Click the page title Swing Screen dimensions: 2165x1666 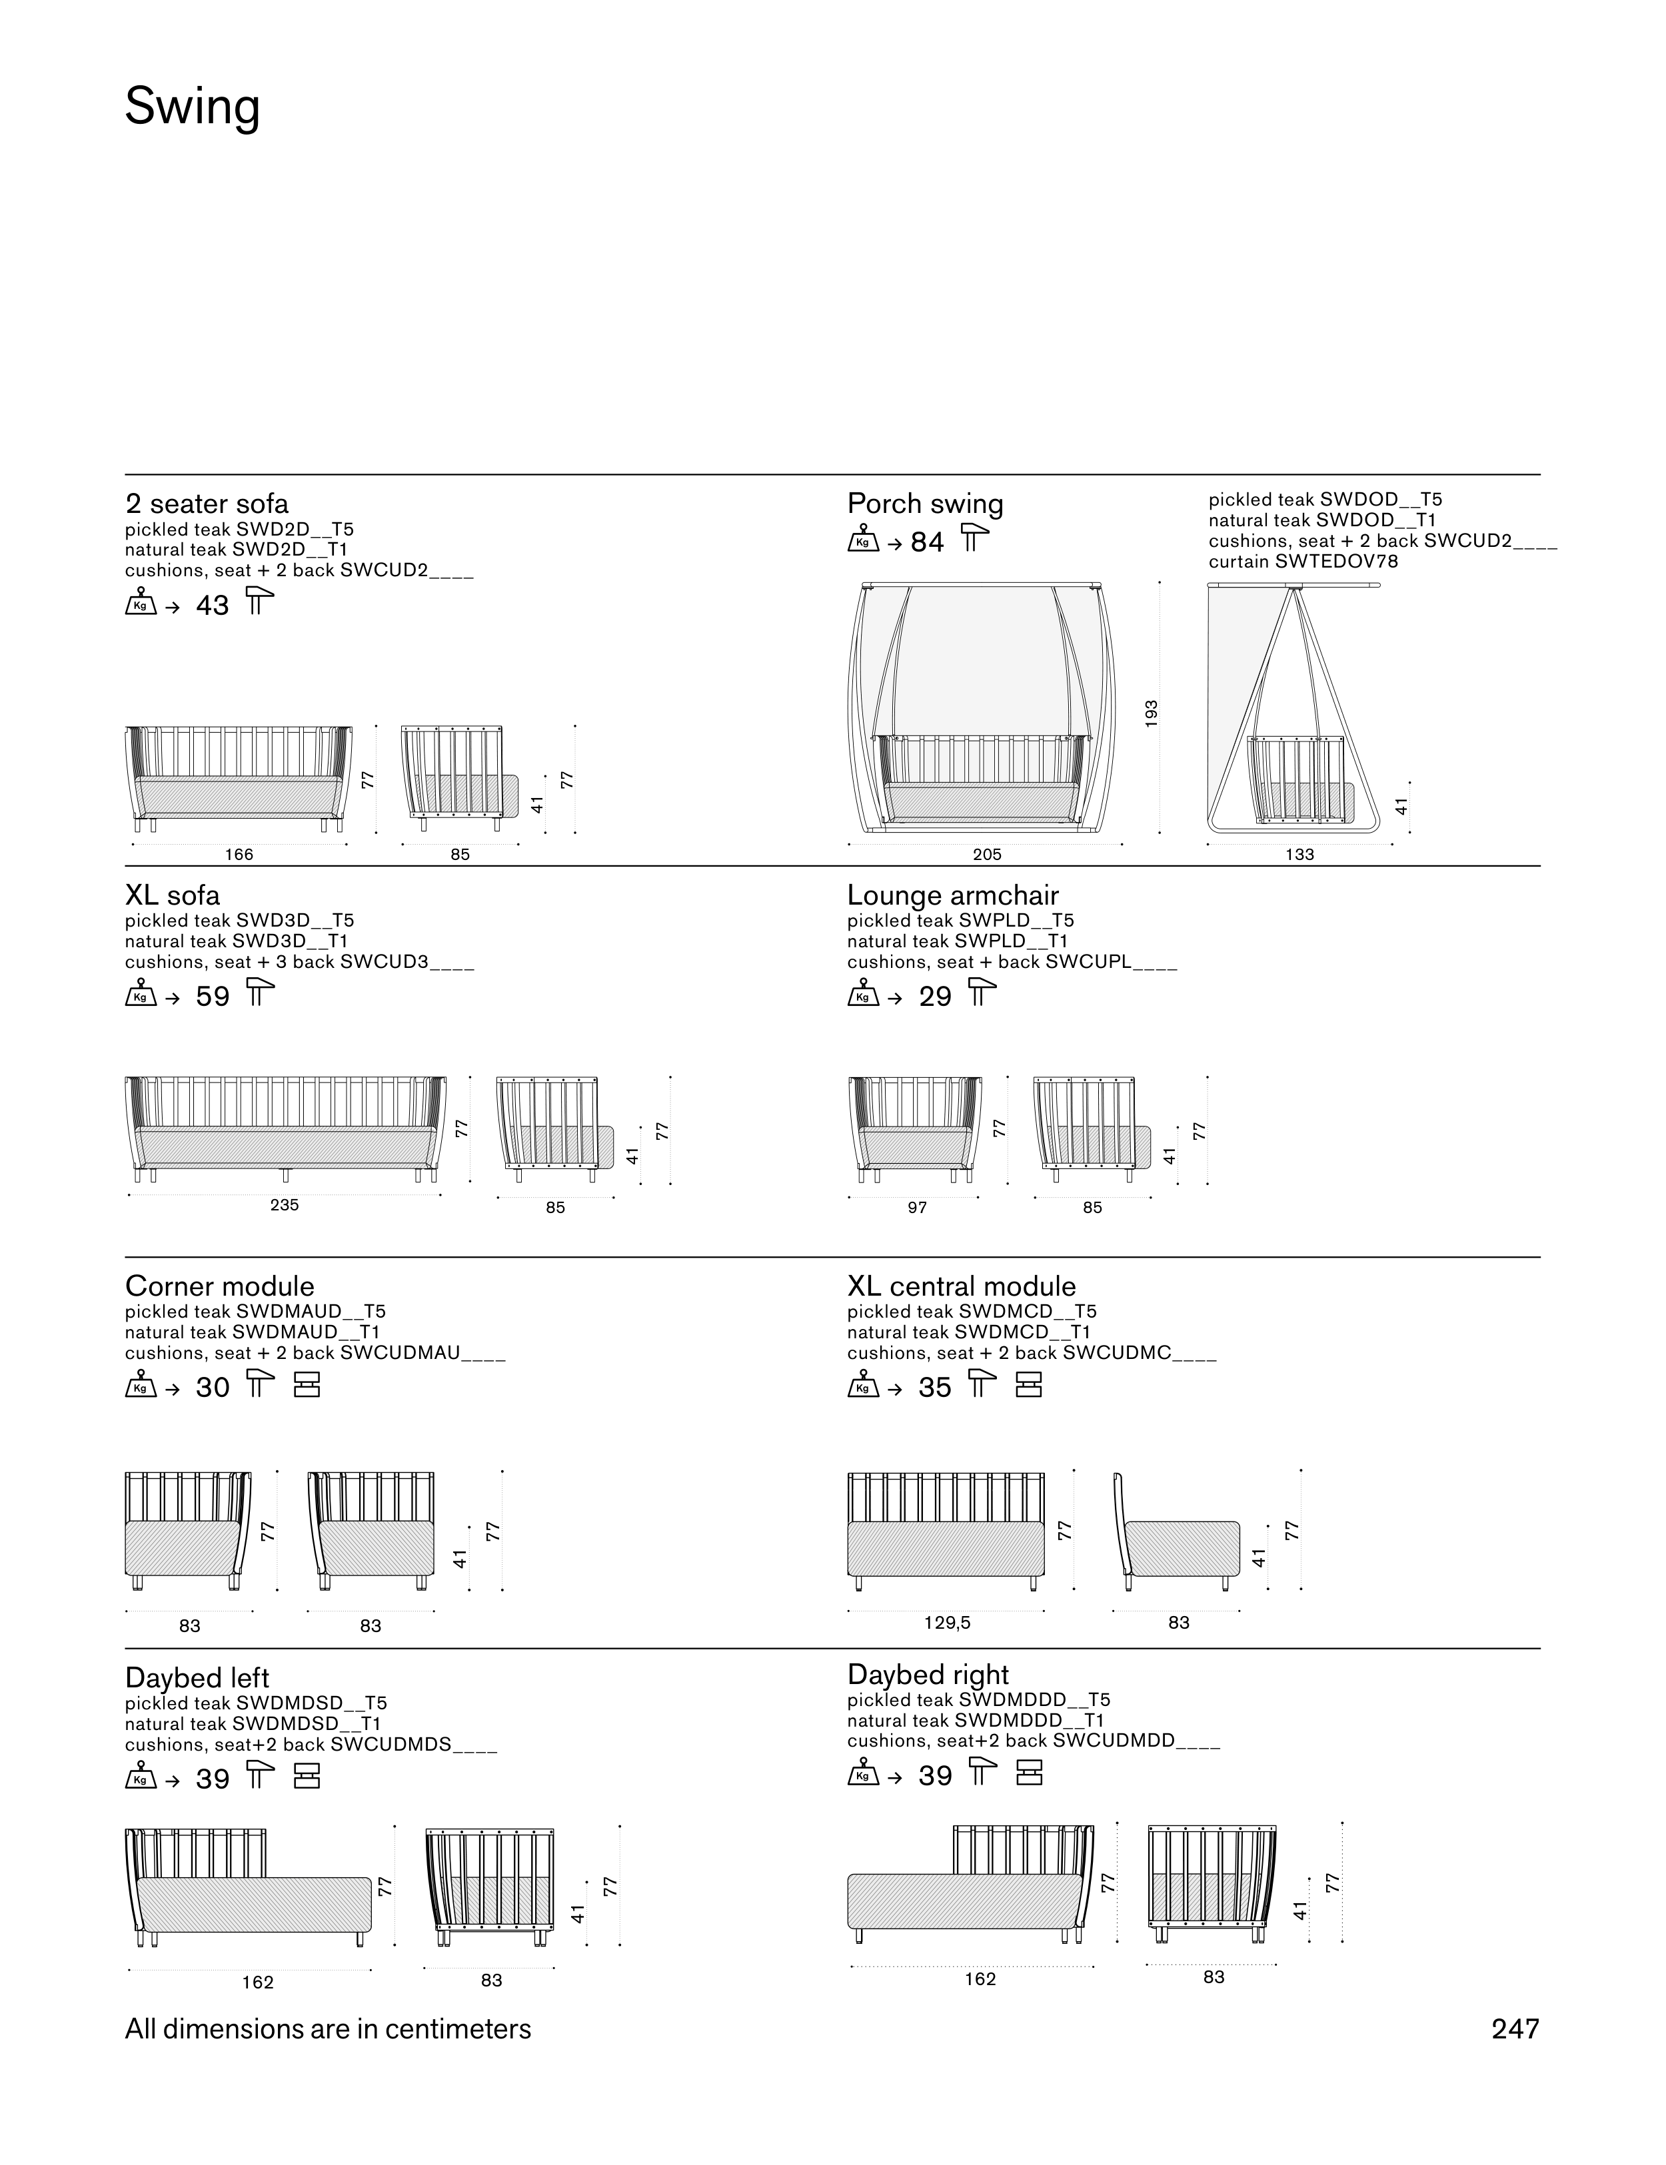coord(193,107)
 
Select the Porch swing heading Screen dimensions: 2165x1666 coord(924,504)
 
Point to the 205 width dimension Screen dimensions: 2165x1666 coord(987,855)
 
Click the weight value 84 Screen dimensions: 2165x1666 coord(927,542)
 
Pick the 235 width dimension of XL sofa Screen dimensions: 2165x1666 coord(285,1206)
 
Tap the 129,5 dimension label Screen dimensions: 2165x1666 coord(947,1623)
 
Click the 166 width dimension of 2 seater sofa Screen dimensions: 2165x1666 coord(239,855)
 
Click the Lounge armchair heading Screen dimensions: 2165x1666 coord(953,896)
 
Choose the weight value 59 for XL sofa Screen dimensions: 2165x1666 coord(212,997)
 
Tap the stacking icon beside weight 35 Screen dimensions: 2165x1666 coord(1030,1385)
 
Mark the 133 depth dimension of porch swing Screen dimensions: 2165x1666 coord(1299,855)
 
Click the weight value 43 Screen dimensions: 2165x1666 coord(212,605)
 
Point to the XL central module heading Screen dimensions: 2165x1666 coord(961,1287)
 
